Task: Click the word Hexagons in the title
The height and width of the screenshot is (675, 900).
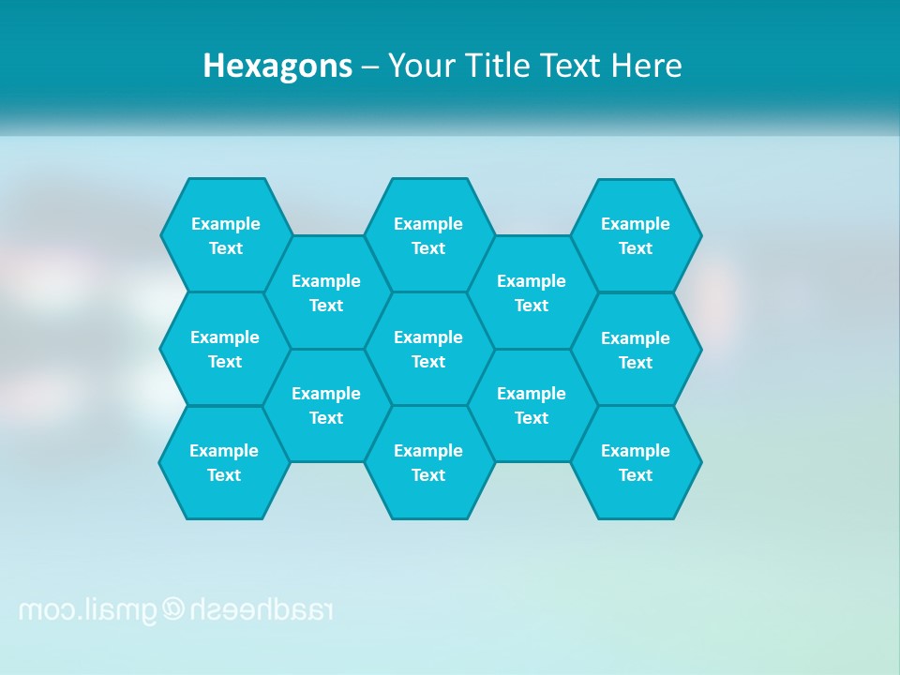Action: (277, 66)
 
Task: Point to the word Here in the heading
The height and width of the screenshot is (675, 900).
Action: (646, 66)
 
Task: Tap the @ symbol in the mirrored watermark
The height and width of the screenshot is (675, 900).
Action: (174, 609)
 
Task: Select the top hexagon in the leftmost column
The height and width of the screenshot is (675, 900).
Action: (225, 235)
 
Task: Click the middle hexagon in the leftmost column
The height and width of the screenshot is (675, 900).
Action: (225, 349)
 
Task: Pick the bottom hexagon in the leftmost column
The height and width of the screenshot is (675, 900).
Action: (224, 462)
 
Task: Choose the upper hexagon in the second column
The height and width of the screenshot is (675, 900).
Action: (326, 292)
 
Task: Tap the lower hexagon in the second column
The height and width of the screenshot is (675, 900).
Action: (326, 405)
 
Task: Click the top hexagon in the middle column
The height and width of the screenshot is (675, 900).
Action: (428, 235)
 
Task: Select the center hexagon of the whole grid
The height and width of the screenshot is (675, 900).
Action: (428, 349)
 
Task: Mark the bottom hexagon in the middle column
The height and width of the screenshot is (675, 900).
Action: (428, 462)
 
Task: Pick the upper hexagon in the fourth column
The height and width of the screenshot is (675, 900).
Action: (532, 292)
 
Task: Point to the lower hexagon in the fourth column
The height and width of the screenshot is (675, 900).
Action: (532, 405)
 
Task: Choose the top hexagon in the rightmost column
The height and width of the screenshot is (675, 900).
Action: (636, 235)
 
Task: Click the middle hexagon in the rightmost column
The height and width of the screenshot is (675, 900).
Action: (636, 350)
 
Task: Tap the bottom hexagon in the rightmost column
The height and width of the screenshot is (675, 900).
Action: (636, 462)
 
